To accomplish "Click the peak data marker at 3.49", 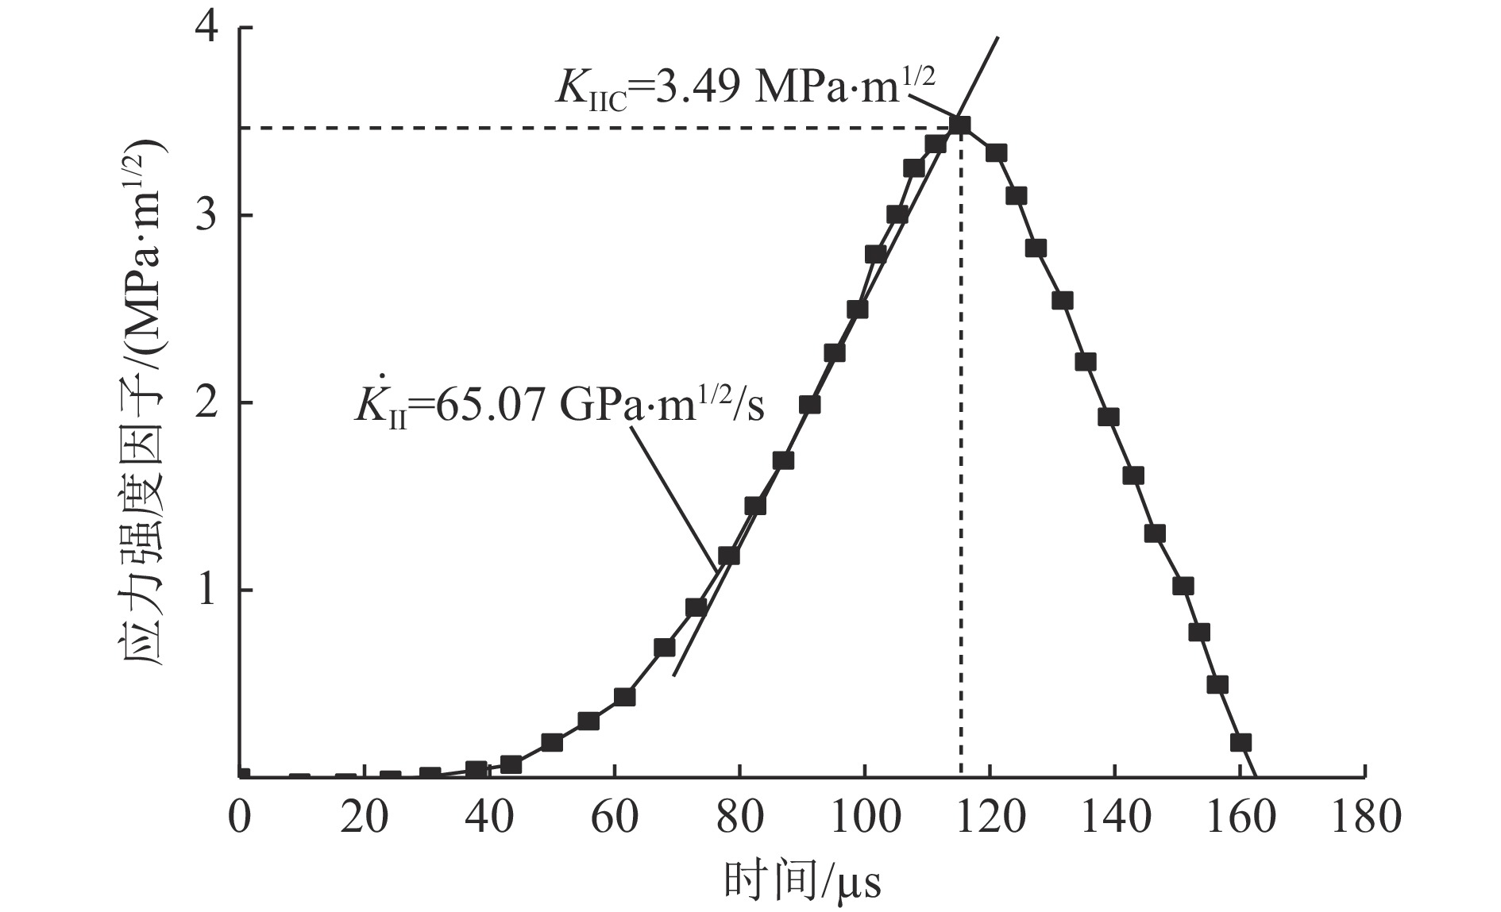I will coord(960,125).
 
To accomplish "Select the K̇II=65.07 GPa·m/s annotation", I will coord(559,405).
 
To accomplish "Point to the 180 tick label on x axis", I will coord(1365,818).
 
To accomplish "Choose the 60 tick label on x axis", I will coord(615,818).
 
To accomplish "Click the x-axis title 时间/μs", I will coord(802,880).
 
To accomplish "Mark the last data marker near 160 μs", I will coord(1241,743).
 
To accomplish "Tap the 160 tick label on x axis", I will coord(1241,818).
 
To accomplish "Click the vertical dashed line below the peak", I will coord(961,476).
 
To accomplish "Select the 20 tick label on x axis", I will coord(365,818).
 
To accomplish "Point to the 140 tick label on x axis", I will coord(1115,818).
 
